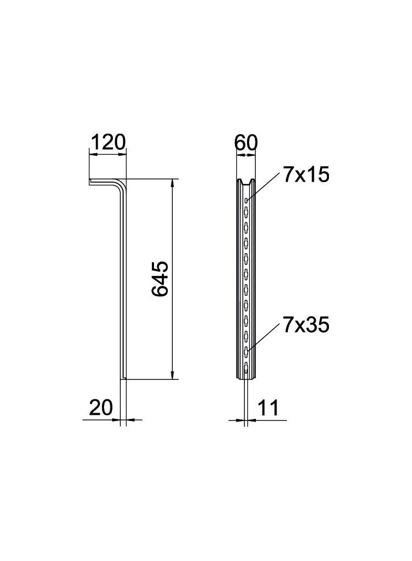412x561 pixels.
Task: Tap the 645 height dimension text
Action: (x=159, y=278)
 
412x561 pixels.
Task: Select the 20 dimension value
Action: (x=101, y=407)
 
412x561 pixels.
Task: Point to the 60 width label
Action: (x=246, y=143)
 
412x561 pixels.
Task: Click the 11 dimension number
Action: (x=268, y=407)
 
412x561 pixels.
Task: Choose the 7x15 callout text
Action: (x=306, y=175)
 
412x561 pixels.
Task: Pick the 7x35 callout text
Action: (x=306, y=326)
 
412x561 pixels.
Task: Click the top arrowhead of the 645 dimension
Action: (x=172, y=183)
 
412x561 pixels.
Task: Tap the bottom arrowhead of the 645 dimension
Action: (x=172, y=374)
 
